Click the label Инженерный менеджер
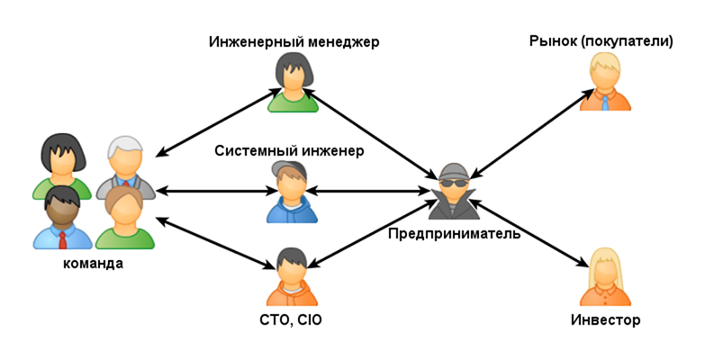pyautogui.click(x=294, y=42)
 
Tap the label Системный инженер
pyautogui.click(x=289, y=150)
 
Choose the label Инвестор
pyautogui.click(x=605, y=319)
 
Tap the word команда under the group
pyautogui.click(x=93, y=264)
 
